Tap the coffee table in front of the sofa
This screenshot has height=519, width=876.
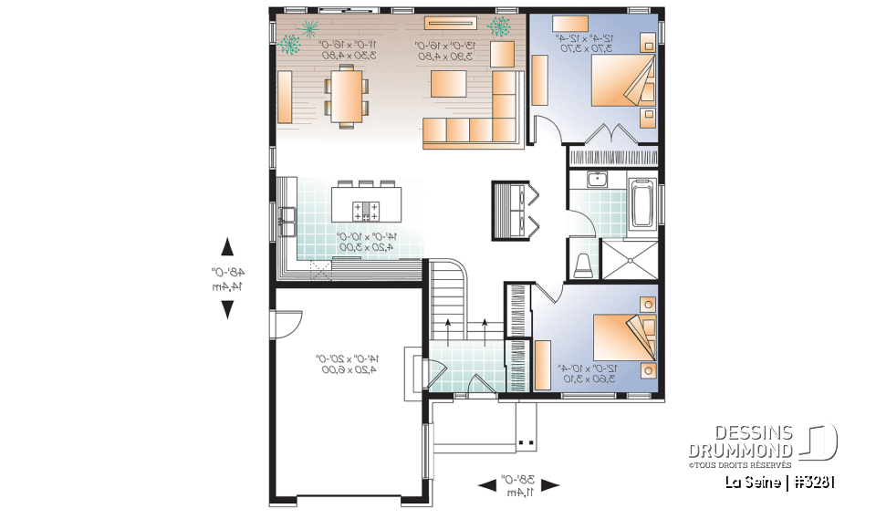(x=449, y=85)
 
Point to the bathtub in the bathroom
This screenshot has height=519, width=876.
(x=642, y=202)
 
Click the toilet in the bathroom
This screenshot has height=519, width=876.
(x=583, y=265)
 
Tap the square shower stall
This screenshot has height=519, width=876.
(x=629, y=260)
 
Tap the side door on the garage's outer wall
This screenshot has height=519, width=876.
(x=285, y=323)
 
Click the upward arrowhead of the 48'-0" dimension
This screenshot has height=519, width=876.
(x=227, y=246)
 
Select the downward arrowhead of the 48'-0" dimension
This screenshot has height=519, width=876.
(x=227, y=309)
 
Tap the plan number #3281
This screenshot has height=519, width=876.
(x=810, y=482)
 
